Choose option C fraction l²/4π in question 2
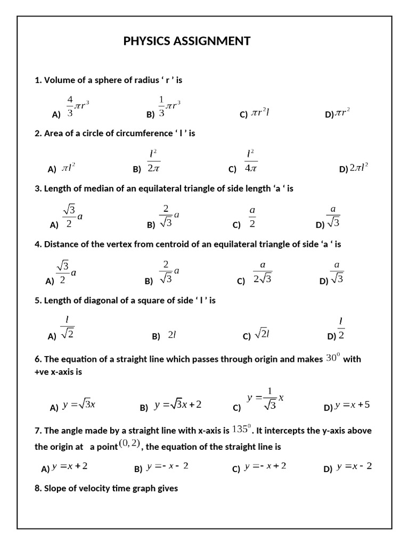(251, 161)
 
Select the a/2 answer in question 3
(252, 218)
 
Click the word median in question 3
(92, 188)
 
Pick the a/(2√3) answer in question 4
(262, 272)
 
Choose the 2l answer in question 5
(171, 335)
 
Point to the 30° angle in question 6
(332, 358)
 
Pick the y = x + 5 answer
(352, 406)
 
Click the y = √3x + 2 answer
(177, 406)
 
